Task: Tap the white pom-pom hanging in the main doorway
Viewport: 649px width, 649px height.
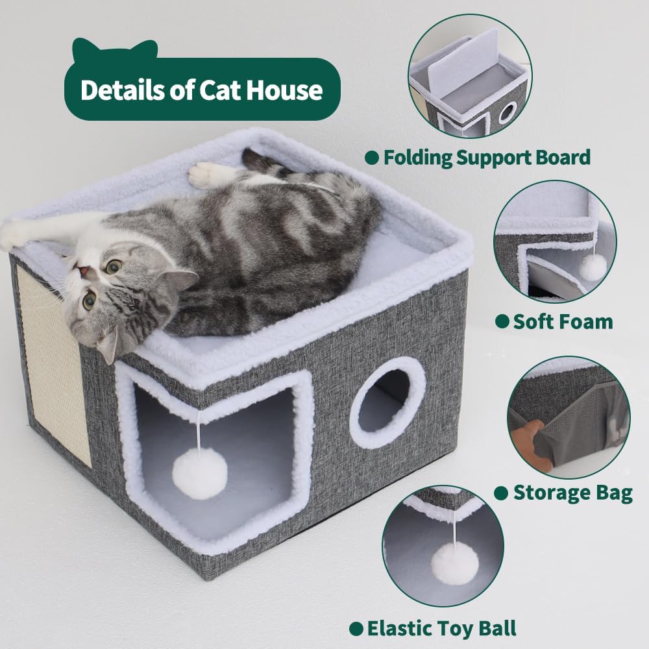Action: coord(199,473)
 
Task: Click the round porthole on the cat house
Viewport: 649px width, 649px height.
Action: coord(387,402)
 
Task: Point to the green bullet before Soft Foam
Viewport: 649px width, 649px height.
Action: coord(501,321)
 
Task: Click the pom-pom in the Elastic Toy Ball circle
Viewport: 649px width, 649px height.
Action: coord(455,563)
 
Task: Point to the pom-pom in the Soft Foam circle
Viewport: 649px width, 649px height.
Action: coord(592,267)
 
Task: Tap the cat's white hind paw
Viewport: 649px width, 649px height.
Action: coord(209,174)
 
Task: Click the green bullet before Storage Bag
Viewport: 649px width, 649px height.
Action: coord(500,493)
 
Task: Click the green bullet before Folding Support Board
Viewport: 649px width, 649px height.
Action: coord(371,157)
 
